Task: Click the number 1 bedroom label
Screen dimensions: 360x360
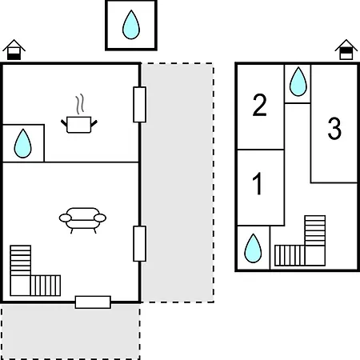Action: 258,183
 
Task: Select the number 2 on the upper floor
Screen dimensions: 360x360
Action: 259,105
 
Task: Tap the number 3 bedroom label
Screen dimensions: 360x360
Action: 334,129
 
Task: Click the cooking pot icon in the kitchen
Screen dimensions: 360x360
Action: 79,125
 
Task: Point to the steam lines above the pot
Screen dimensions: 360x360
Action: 80,104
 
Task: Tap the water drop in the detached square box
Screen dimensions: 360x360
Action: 131,25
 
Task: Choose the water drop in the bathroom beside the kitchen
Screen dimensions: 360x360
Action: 22,143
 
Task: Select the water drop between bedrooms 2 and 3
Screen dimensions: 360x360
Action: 298,82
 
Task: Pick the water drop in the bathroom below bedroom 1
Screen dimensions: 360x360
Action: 253,248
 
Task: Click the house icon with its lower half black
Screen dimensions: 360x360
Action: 14,50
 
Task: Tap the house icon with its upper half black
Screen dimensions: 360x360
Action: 346,50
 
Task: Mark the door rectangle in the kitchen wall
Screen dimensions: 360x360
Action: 139,105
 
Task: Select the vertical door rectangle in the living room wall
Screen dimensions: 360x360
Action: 139,244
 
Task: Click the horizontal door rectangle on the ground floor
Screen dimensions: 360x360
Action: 93,302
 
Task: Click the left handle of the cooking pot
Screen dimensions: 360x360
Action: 64,123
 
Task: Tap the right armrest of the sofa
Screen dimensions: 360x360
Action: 100,218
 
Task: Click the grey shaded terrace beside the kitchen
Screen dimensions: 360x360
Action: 178,182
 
